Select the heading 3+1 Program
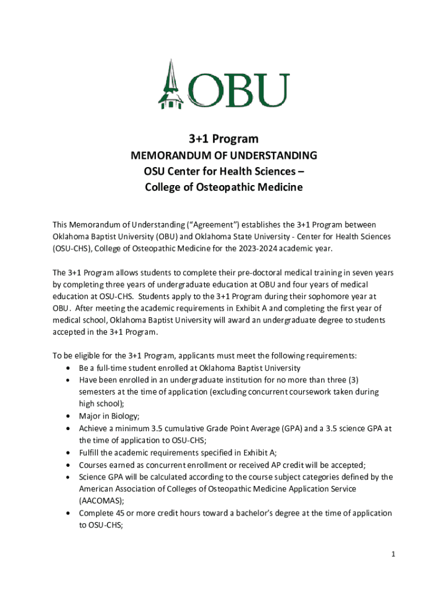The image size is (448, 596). (x=223, y=139)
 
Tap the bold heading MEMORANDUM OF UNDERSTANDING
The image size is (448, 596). (x=223, y=156)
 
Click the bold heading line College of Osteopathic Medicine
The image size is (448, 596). (x=223, y=187)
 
